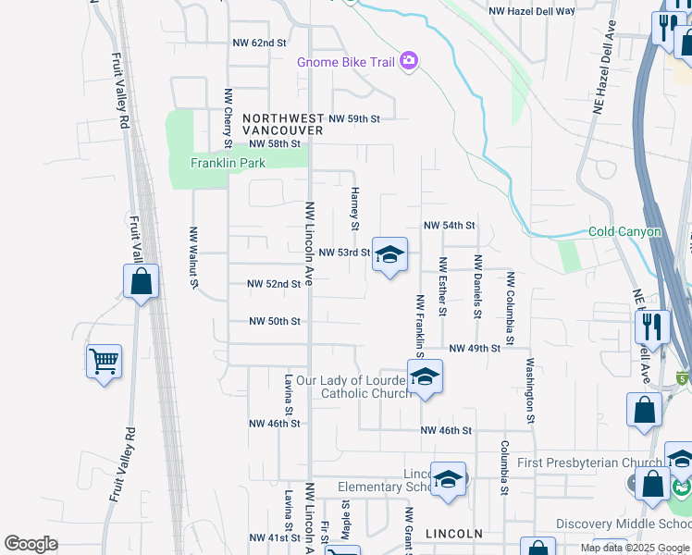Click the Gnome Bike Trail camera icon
click(409, 63)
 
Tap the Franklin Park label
click(228, 164)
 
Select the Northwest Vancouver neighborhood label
click(282, 125)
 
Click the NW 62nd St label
click(260, 43)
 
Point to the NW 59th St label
click(354, 119)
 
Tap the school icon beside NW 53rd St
click(389, 254)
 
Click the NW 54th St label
click(449, 226)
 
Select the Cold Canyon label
click(625, 232)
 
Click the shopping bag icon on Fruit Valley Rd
click(141, 281)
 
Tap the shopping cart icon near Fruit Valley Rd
click(104, 361)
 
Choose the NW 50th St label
click(275, 322)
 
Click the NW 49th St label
click(475, 349)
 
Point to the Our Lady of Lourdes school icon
click(425, 376)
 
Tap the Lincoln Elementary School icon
click(448, 479)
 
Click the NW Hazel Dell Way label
click(531, 11)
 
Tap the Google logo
click(31, 545)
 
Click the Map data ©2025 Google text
click(634, 548)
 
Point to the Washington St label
click(531, 385)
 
